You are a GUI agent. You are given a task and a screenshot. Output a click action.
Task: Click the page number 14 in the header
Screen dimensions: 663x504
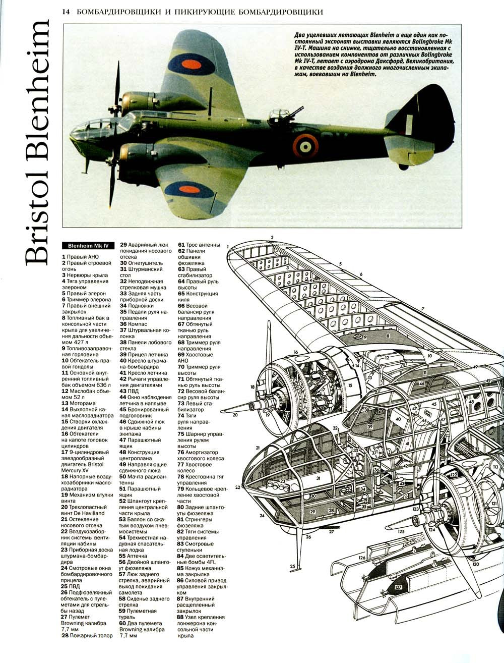[65, 11]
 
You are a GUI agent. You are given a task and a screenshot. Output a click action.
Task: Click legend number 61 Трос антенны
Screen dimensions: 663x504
[181, 245]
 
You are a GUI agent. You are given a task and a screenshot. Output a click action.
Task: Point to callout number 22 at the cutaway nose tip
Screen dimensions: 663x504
[237, 487]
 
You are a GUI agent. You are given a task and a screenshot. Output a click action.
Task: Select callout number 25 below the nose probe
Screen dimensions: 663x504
[292, 566]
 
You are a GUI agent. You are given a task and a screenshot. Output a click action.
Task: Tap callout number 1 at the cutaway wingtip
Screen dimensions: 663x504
[228, 247]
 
